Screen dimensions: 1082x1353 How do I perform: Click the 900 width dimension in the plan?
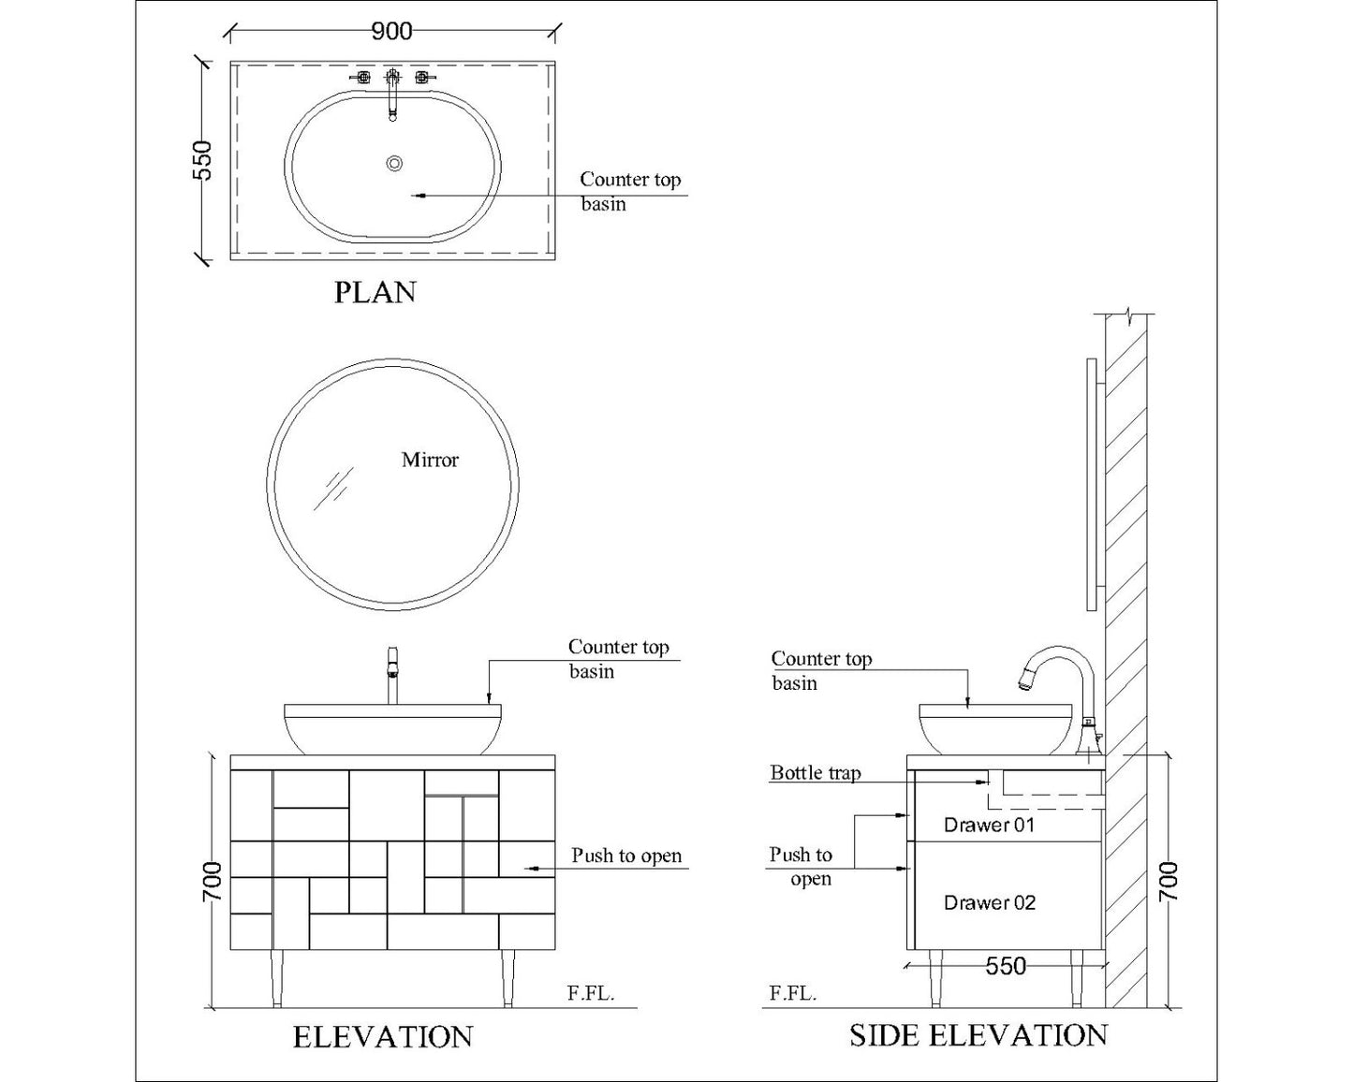point(391,32)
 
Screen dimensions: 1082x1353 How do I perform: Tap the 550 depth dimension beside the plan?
point(202,159)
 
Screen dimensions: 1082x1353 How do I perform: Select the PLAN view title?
point(375,293)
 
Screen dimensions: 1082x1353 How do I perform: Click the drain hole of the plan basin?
point(394,164)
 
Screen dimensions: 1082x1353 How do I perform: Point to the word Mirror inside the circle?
point(430,460)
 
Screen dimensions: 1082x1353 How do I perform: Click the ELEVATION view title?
point(383,1037)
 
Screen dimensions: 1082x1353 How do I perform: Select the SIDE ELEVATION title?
point(978,1035)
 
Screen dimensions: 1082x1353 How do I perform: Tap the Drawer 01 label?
point(989,825)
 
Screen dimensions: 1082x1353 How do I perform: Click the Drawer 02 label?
point(989,902)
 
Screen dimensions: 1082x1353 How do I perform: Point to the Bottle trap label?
point(815,773)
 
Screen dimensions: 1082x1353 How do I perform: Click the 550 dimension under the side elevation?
point(1006,966)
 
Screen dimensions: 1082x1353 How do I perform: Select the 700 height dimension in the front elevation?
point(213,883)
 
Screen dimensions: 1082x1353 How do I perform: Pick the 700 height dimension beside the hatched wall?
point(1169,883)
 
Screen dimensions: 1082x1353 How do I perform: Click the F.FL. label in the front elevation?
point(591,994)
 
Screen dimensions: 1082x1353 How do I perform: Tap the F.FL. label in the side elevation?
point(793,994)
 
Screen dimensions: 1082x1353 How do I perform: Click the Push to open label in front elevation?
point(626,855)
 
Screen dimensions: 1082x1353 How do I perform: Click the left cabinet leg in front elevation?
point(276,978)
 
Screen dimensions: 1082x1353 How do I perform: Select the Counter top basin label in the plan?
point(630,191)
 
